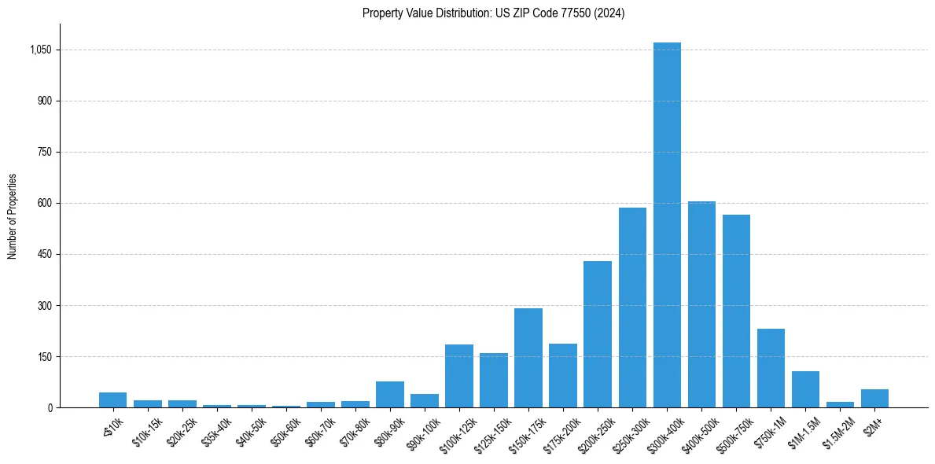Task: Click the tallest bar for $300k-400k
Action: [x=667, y=225]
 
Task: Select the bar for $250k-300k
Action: [x=632, y=307]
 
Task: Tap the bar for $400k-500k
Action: [x=701, y=304]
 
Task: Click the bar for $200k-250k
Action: [x=598, y=334]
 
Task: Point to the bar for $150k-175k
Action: [x=528, y=358]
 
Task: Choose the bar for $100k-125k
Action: [x=459, y=376]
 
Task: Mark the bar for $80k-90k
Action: [x=390, y=394]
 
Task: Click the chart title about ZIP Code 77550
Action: [x=493, y=13]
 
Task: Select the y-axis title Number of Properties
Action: [x=13, y=216]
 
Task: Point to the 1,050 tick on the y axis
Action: [x=40, y=50]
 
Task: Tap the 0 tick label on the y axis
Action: [x=50, y=407]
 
